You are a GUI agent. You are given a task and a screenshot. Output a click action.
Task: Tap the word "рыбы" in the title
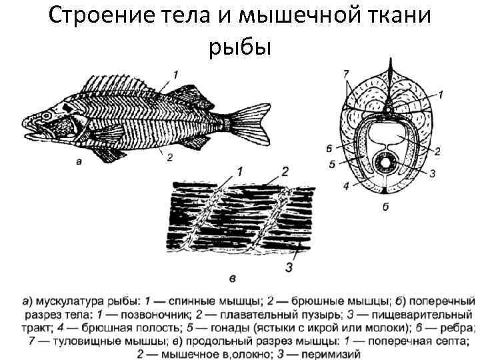(240, 47)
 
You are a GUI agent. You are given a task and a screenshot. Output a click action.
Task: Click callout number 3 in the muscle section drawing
(290, 268)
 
